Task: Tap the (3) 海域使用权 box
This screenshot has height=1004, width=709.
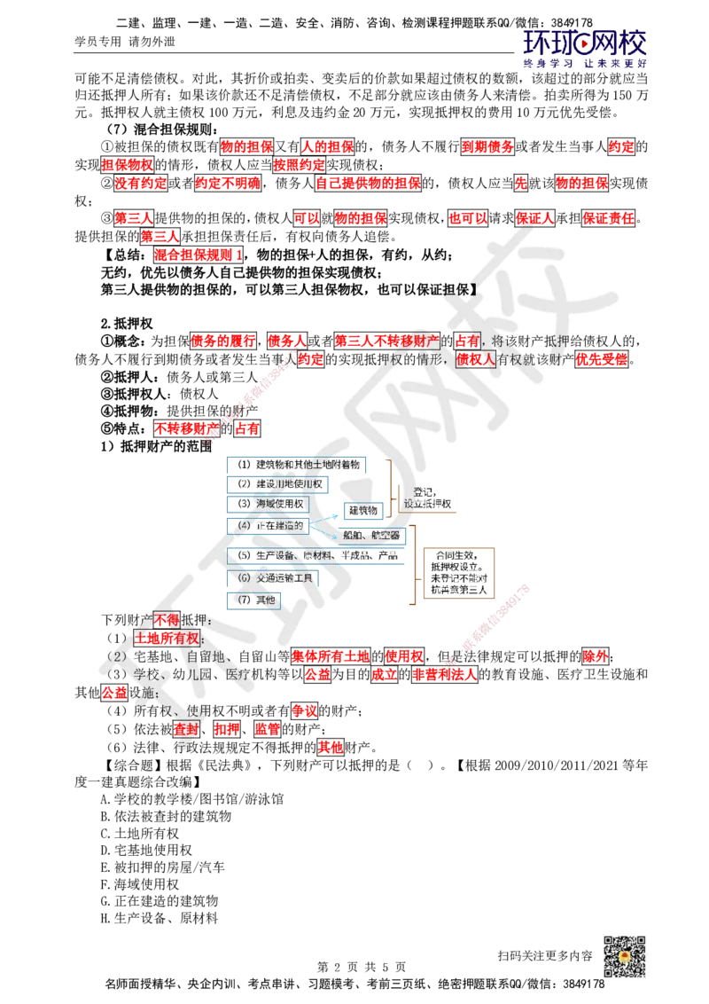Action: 269,504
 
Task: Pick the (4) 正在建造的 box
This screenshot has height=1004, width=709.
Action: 270,525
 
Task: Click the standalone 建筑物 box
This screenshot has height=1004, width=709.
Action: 362,511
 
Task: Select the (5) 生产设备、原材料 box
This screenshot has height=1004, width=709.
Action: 316,556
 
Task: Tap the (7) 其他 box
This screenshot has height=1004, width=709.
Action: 256,600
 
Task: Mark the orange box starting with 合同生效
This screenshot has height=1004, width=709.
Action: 458,574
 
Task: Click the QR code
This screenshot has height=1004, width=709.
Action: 623,958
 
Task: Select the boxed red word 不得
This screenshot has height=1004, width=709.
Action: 167,620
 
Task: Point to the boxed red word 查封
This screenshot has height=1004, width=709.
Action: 185,729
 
